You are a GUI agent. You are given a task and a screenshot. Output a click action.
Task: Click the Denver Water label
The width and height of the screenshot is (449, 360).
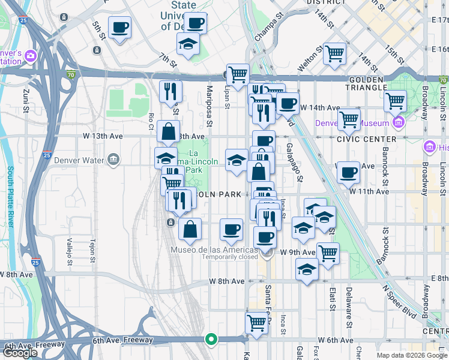tap(79, 160)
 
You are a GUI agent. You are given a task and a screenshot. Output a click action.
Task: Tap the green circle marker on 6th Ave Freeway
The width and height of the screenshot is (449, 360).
tap(211, 339)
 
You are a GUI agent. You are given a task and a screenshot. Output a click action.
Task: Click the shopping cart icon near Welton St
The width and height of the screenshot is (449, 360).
tap(335, 53)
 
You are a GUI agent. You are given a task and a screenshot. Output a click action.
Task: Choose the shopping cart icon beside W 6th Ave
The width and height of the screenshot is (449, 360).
tap(257, 322)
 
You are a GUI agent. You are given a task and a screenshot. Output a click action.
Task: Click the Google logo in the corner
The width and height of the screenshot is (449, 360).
tap(20, 353)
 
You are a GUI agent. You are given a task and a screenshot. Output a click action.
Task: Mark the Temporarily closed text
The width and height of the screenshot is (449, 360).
tap(230, 257)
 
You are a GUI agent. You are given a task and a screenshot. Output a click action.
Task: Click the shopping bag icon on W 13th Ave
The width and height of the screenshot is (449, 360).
tap(169, 131)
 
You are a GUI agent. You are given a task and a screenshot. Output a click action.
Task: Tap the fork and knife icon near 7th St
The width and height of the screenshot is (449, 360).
tap(170, 91)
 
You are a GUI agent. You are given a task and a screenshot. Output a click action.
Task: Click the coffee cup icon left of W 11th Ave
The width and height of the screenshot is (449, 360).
tap(348, 173)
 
